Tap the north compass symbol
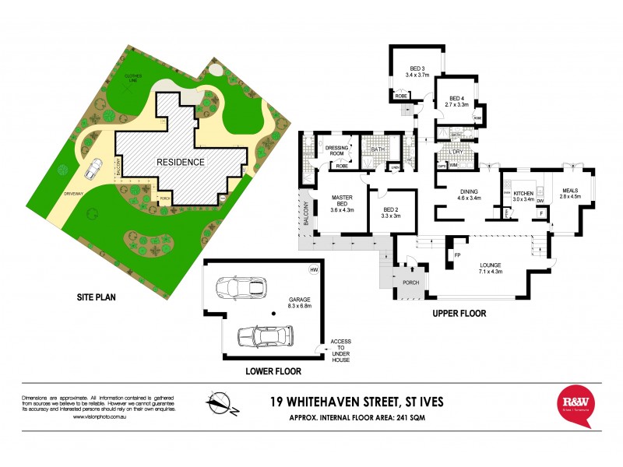(x=220, y=402)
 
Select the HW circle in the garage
(x=315, y=270)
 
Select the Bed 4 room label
(x=455, y=99)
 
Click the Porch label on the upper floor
(x=410, y=283)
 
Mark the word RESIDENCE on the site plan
(x=181, y=162)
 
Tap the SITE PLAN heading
(x=96, y=297)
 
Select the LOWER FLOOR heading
(x=271, y=371)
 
